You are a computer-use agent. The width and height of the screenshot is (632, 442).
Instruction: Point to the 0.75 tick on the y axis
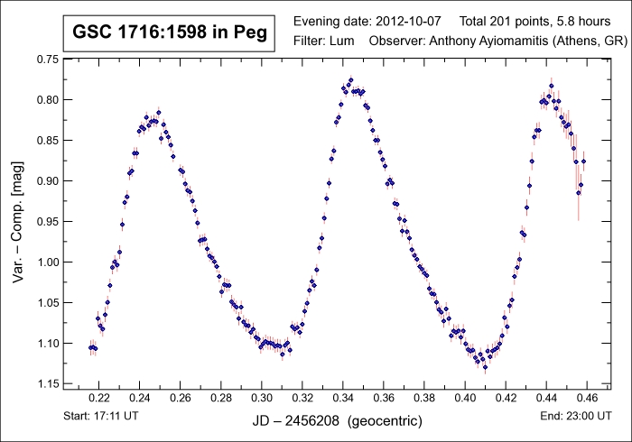pos(46,59)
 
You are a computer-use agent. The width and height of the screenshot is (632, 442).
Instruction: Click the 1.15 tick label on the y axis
pos(46,384)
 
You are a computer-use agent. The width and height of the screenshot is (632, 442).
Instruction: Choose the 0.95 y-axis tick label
pos(46,222)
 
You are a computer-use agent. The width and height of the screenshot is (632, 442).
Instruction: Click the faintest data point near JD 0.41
pos(485,367)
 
